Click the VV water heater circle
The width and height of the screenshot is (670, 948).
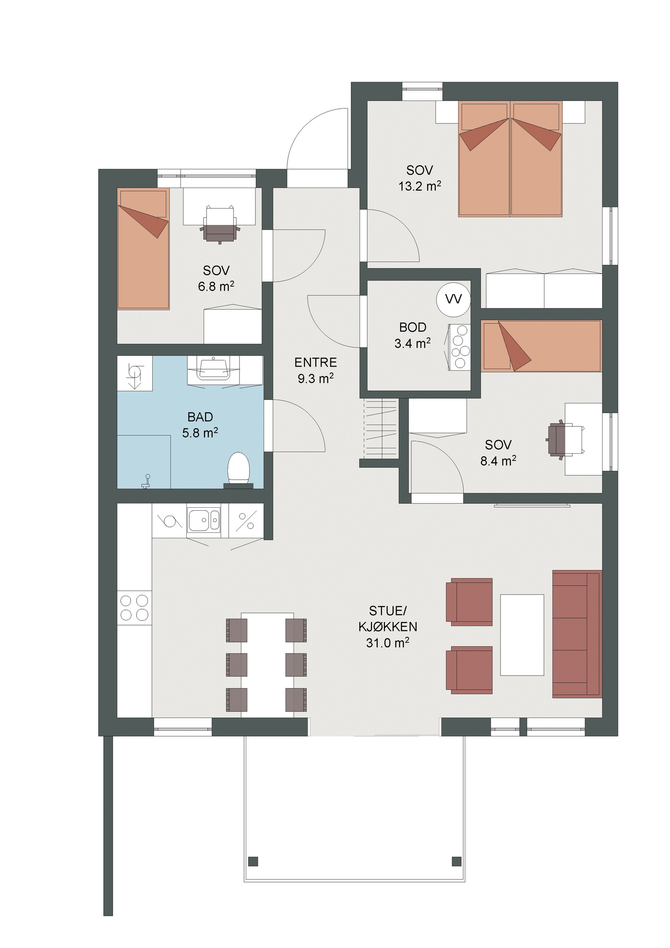453,299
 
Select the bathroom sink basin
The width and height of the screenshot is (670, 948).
214,368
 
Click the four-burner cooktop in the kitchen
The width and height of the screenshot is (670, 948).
134,608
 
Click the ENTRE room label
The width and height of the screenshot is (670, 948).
315,362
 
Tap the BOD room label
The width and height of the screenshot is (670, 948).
412,327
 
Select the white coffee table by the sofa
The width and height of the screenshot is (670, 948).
522,635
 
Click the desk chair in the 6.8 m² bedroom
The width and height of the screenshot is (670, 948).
220,225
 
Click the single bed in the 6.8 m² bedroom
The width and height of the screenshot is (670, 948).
143,248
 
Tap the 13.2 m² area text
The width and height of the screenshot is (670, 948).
420,186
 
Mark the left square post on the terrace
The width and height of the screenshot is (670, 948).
253,861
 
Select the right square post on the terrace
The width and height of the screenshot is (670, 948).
456,861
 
